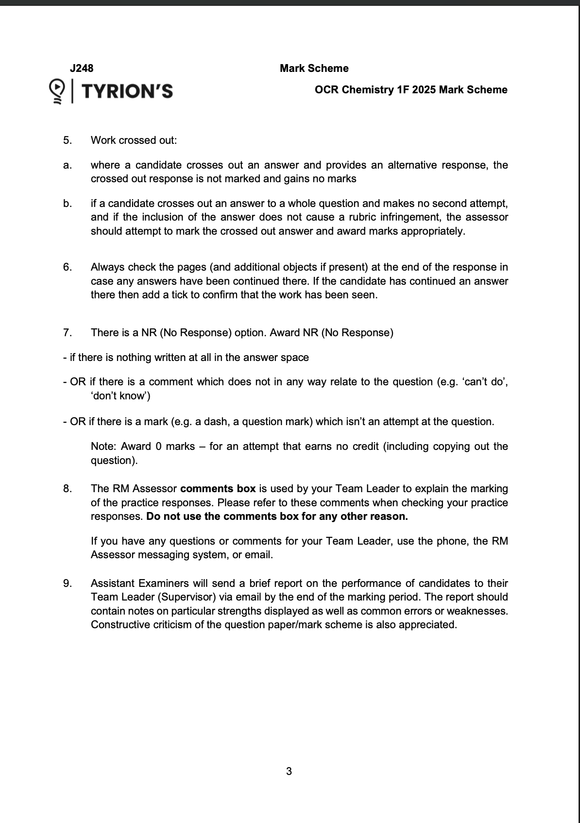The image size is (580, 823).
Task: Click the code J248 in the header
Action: [x=81, y=69]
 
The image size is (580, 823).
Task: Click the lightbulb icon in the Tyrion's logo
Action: [x=57, y=90]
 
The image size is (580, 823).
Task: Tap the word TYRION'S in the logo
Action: [x=127, y=91]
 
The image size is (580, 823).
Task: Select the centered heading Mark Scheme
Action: [x=314, y=69]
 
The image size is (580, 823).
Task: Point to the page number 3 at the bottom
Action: [x=289, y=771]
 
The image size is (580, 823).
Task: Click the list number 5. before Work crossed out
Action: [x=68, y=140]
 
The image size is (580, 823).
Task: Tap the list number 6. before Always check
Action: [x=68, y=267]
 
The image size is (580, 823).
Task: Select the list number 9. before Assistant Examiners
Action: [x=68, y=583]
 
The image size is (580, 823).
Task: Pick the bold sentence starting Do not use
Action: [x=277, y=516]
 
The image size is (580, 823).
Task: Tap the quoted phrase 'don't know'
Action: [x=120, y=396]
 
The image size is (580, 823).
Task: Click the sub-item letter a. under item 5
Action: [x=67, y=165]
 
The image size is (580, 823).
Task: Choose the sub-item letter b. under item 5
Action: [x=67, y=204]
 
